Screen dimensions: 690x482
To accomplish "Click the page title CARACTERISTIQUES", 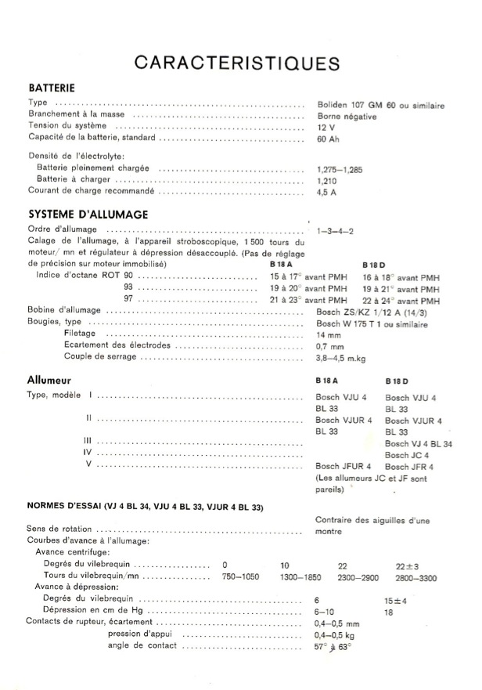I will click(236, 62).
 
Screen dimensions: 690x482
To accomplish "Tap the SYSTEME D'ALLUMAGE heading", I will click(88, 214).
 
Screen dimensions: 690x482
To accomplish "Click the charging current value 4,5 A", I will click(327, 190).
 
